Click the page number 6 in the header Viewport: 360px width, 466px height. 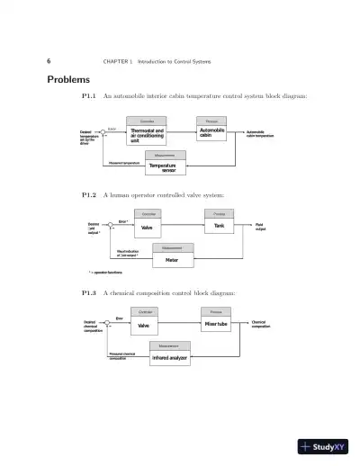[x=48, y=61]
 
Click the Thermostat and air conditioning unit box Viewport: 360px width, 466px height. [x=147, y=135]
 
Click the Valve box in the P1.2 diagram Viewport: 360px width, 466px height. [x=148, y=228]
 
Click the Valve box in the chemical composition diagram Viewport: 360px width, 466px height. [x=145, y=326]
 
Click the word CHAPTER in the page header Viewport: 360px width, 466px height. [x=116, y=61]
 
